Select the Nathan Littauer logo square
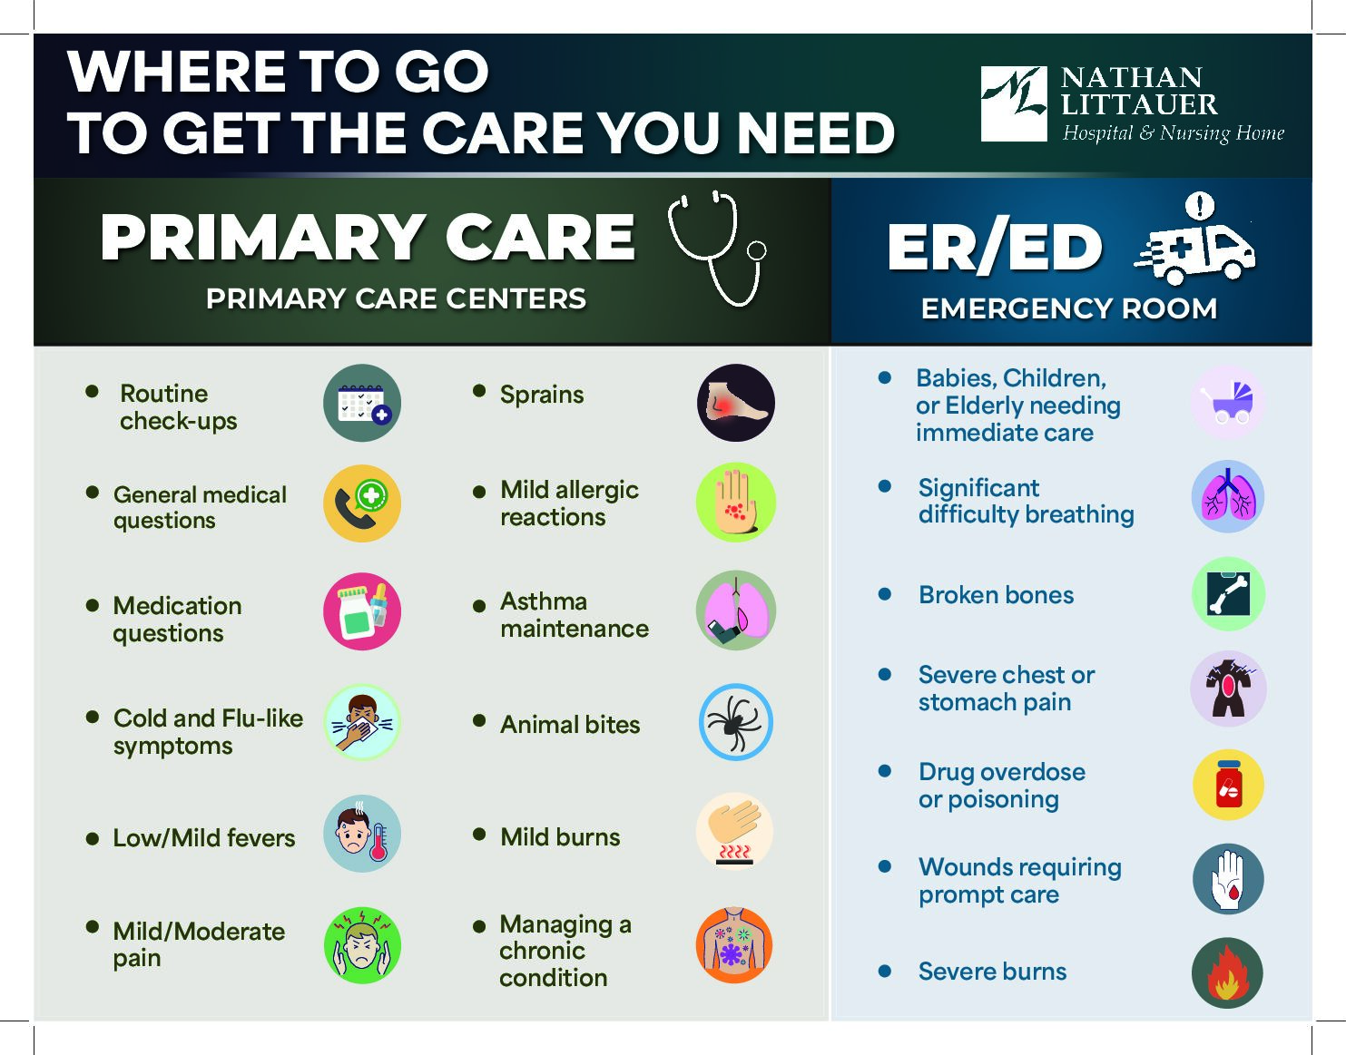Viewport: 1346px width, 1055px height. (x=1014, y=104)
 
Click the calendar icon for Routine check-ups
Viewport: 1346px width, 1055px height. (x=362, y=403)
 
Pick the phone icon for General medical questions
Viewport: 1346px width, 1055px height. (x=362, y=503)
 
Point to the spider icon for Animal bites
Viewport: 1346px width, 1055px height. (x=736, y=722)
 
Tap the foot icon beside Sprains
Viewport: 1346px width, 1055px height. (x=736, y=403)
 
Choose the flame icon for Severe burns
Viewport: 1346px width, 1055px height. (x=1228, y=972)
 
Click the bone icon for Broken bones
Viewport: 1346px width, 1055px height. (x=1228, y=594)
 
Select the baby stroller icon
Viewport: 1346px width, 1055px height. (x=1228, y=403)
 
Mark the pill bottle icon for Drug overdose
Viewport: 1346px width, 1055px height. (x=1228, y=785)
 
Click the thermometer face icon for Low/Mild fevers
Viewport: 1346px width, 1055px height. (x=362, y=834)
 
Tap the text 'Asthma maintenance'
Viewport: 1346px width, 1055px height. (x=575, y=615)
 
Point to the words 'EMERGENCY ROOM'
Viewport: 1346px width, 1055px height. (x=1069, y=308)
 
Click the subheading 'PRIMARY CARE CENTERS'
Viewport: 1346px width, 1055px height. (x=396, y=298)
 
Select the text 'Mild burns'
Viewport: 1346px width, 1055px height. (x=560, y=837)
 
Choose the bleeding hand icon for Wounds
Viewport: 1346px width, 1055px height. (x=1228, y=879)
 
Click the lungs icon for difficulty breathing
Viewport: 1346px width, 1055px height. (x=1228, y=496)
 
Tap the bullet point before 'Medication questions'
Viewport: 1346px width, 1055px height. (x=93, y=605)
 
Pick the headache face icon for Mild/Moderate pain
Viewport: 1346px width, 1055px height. (x=362, y=945)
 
